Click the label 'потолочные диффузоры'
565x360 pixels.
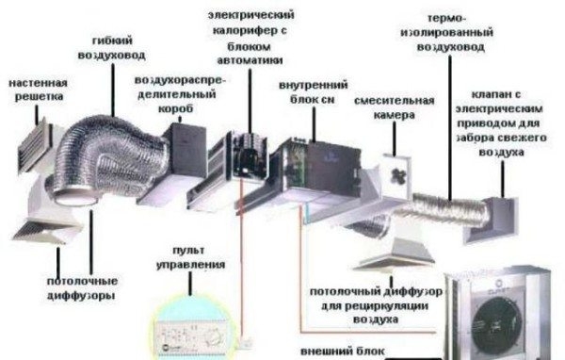pos(80,286)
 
